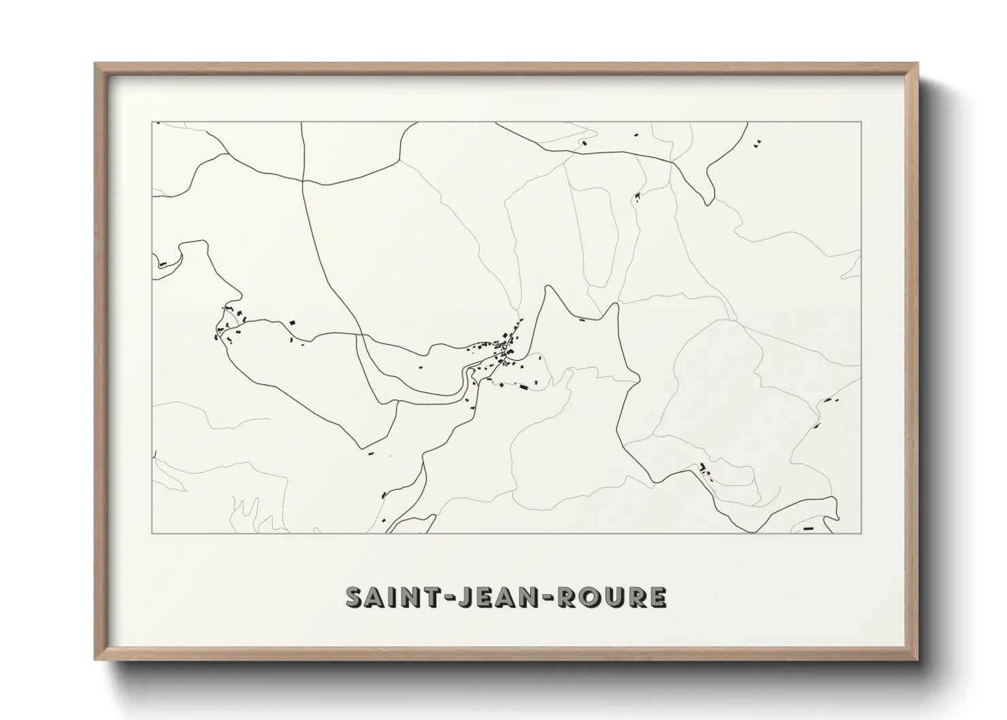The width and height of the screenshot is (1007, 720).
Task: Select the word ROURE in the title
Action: coord(611,597)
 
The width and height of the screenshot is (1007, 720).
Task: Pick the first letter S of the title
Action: coord(354,597)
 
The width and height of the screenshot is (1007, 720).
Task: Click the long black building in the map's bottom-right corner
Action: coord(808,528)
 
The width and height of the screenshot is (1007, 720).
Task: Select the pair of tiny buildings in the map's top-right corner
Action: coord(757,143)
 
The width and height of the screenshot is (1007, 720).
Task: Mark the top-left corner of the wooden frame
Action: coord(95,63)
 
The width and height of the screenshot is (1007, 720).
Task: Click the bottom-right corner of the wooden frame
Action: coord(917,659)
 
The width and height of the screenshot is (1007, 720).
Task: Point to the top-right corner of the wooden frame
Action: coord(917,63)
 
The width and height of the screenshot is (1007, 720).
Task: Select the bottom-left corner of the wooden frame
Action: coord(95,659)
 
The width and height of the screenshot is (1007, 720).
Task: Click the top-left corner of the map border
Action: coord(152,122)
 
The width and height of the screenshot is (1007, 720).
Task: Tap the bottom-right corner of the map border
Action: coord(861,534)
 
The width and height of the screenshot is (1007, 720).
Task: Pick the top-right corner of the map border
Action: coord(861,122)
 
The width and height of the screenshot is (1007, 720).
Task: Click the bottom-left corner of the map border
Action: coord(152,534)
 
